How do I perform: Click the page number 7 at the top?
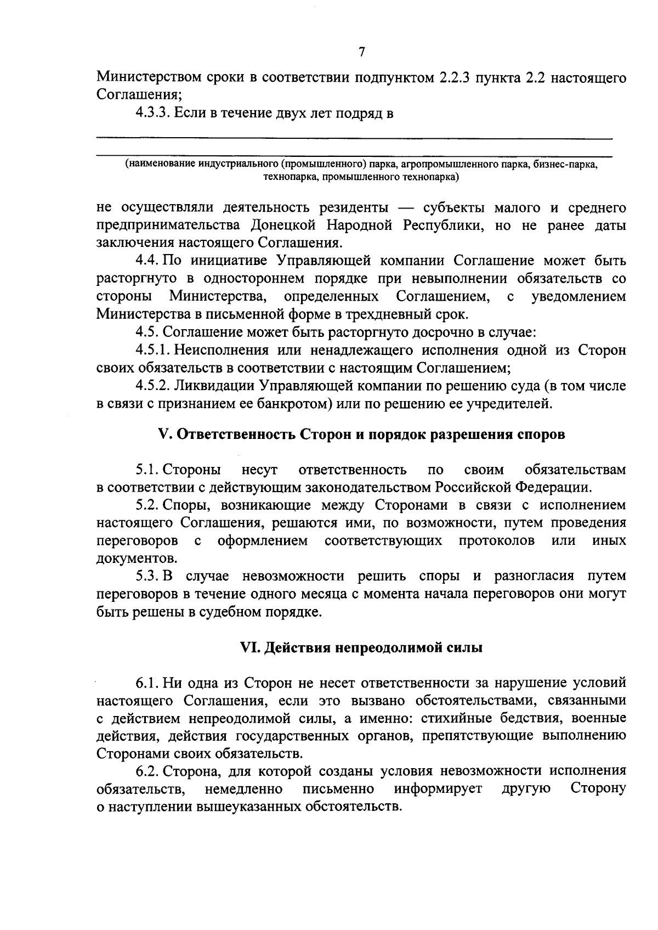click(x=361, y=52)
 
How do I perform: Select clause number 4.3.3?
click(x=153, y=114)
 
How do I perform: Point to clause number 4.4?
click(x=147, y=261)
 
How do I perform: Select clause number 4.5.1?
click(x=153, y=350)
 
